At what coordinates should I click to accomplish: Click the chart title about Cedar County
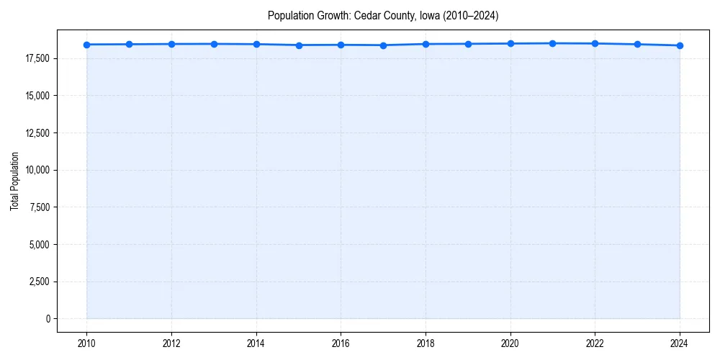click(x=382, y=15)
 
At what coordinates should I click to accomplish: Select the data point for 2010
click(x=86, y=45)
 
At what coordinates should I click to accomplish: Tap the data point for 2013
click(x=214, y=44)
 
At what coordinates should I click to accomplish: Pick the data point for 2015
click(x=299, y=45)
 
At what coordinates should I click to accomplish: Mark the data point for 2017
click(x=383, y=45)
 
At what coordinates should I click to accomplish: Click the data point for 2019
click(x=468, y=44)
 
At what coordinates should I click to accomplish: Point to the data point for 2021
click(x=552, y=43)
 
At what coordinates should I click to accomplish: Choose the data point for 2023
click(x=637, y=44)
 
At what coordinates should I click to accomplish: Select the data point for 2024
click(x=680, y=45)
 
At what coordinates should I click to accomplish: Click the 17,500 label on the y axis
click(x=37, y=58)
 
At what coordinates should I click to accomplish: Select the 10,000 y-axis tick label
click(x=37, y=170)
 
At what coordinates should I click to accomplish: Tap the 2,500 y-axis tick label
click(x=39, y=282)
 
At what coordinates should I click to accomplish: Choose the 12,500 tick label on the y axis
click(x=37, y=133)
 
